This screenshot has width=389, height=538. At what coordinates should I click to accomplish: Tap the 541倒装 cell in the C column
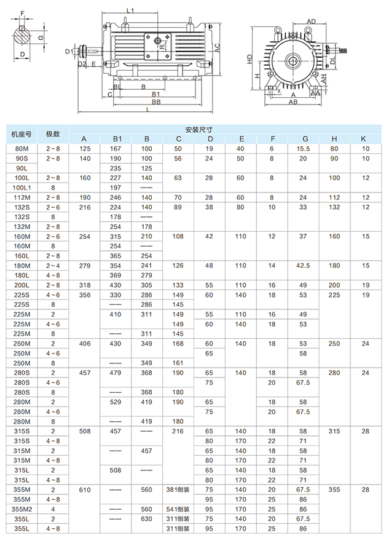178,509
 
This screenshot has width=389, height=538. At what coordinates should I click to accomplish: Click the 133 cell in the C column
178,285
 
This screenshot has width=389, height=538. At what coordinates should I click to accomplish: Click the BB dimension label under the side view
157,101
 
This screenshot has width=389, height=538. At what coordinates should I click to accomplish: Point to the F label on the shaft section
23,14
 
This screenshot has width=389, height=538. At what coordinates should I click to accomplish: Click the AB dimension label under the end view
294,103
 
